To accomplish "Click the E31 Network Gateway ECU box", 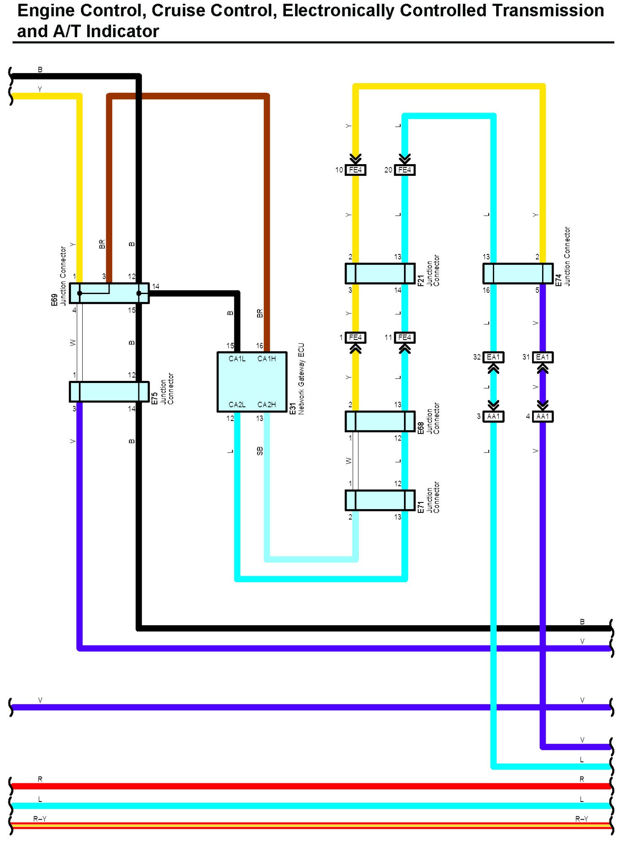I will pyautogui.click(x=252, y=382).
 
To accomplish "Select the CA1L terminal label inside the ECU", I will pyautogui.click(x=237, y=359).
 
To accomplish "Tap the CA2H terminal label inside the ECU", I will pyautogui.click(x=266, y=405).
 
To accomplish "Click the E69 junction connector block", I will pyautogui.click(x=109, y=293).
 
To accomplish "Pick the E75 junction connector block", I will pyautogui.click(x=109, y=392).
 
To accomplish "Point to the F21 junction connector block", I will pyautogui.click(x=380, y=273).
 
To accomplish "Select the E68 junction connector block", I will pyautogui.click(x=380, y=421).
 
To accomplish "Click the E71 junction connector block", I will pyautogui.click(x=380, y=500).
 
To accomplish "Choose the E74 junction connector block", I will pyautogui.click(x=518, y=273).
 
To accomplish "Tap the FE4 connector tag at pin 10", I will pyautogui.click(x=355, y=170).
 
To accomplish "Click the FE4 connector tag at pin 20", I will pyautogui.click(x=405, y=170).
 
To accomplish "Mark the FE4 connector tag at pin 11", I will pyautogui.click(x=405, y=337).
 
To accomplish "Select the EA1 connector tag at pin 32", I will pyautogui.click(x=493, y=357).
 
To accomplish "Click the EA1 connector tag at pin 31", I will pyautogui.click(x=543, y=357).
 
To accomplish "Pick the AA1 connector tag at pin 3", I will pyautogui.click(x=493, y=416).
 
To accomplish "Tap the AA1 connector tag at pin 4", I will pyautogui.click(x=543, y=416).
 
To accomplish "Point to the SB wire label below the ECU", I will pyautogui.click(x=260, y=451).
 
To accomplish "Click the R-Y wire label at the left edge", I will pyautogui.click(x=40, y=819).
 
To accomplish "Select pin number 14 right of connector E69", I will pyautogui.click(x=156, y=286).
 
